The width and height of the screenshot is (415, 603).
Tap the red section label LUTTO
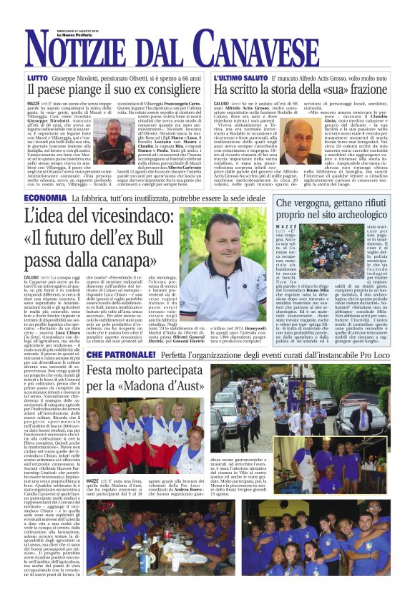[37, 76]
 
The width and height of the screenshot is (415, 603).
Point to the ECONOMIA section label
[46, 198]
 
